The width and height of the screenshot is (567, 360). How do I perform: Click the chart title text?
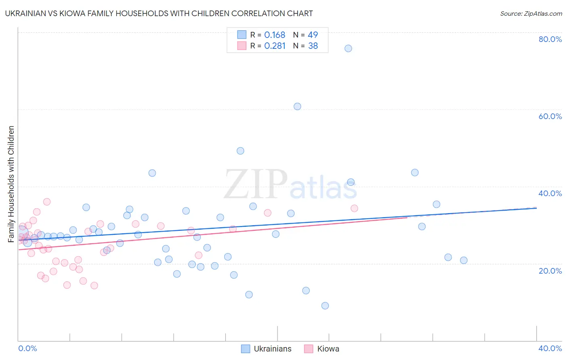click(x=159, y=13)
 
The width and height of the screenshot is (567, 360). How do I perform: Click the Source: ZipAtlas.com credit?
click(x=531, y=14)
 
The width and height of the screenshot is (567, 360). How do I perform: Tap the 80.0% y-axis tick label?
click(x=550, y=39)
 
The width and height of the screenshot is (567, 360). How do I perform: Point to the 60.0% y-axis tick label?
click(x=550, y=116)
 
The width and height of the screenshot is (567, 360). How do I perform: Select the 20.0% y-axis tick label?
click(x=550, y=271)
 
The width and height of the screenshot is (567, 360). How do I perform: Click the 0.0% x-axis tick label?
click(x=27, y=348)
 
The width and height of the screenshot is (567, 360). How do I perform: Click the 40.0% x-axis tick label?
click(x=550, y=348)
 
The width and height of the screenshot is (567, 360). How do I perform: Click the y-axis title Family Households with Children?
click(x=11, y=184)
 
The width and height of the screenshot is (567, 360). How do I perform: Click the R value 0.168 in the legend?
click(x=275, y=35)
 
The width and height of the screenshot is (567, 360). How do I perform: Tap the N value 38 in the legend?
click(x=313, y=46)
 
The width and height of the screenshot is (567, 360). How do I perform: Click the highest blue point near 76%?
click(x=348, y=48)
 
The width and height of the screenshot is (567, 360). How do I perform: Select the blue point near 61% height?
click(x=297, y=107)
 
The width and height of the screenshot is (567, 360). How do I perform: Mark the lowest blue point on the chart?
click(x=325, y=306)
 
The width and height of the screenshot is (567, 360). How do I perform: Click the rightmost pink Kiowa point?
click(x=354, y=208)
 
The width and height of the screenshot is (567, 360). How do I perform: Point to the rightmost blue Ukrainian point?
click(x=464, y=260)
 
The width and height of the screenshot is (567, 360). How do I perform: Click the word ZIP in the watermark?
click(x=255, y=184)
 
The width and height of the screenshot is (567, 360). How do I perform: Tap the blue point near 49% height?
click(x=240, y=151)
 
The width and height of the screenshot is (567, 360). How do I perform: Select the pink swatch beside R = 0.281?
click(x=242, y=46)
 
